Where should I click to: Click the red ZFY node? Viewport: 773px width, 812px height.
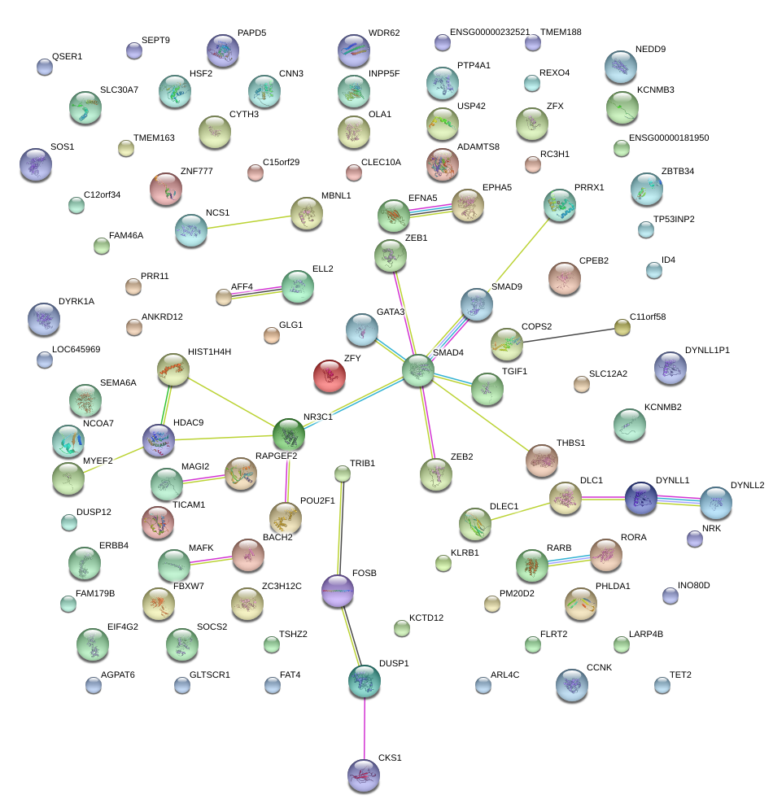tap(329, 375)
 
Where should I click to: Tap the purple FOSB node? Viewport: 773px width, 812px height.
tap(338, 589)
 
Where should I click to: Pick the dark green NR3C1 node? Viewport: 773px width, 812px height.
tap(289, 434)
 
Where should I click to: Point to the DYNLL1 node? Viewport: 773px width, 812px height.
tap(641, 498)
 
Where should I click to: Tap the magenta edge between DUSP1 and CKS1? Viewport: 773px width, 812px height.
tap(364, 728)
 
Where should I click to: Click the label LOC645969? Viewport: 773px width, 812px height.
tap(76, 350)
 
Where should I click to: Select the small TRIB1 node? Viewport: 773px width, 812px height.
tap(343, 474)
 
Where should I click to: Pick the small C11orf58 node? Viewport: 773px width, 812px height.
tap(622, 327)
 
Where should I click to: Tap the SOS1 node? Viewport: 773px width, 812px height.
tap(35, 164)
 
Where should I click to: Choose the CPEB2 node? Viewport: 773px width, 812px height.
tap(565, 278)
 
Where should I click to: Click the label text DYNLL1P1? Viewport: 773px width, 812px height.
tap(707, 350)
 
